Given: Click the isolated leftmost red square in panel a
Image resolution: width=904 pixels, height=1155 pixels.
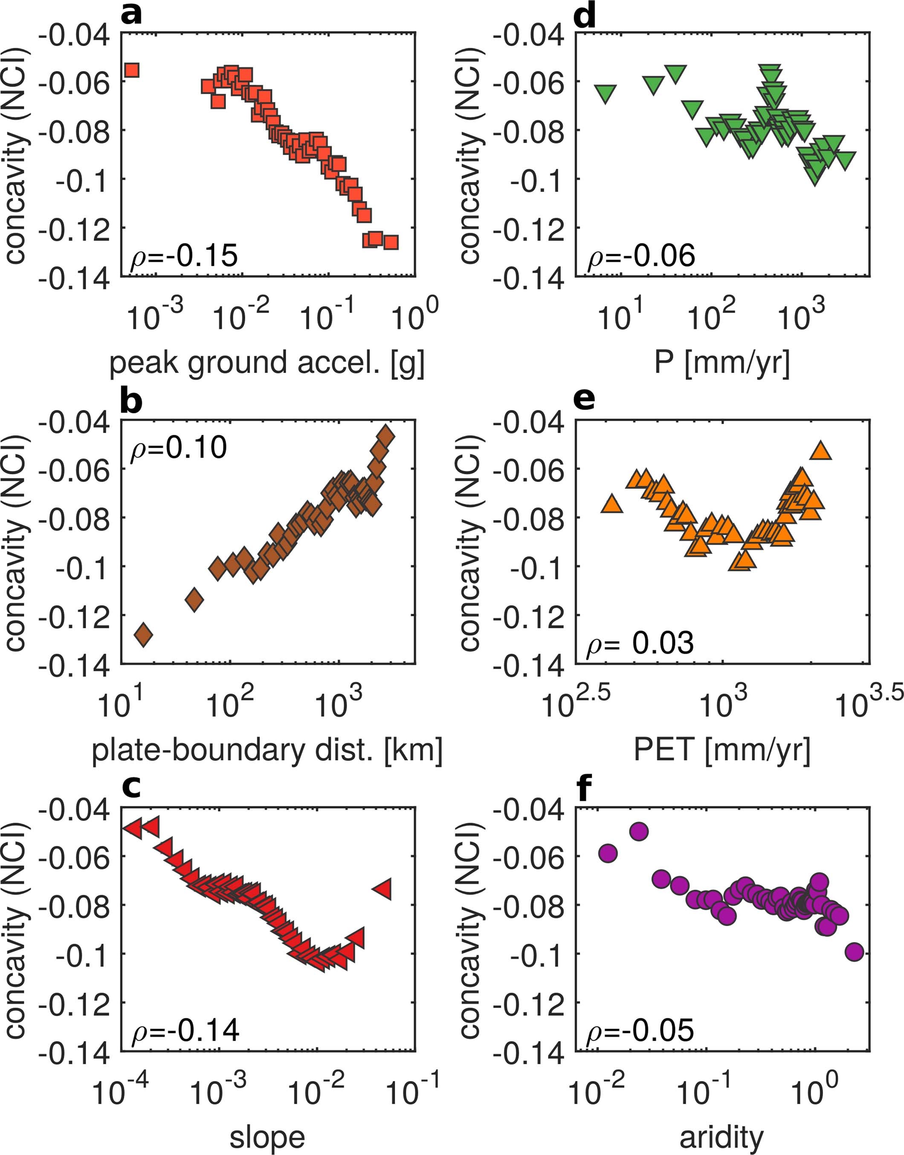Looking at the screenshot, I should click(x=131, y=70).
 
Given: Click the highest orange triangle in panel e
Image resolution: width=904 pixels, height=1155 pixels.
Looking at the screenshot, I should click(x=821, y=450).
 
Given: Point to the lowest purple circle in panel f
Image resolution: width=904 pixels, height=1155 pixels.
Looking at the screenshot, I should click(x=854, y=952).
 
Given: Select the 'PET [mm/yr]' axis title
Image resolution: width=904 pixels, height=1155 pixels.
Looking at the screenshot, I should click(x=721, y=750).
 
